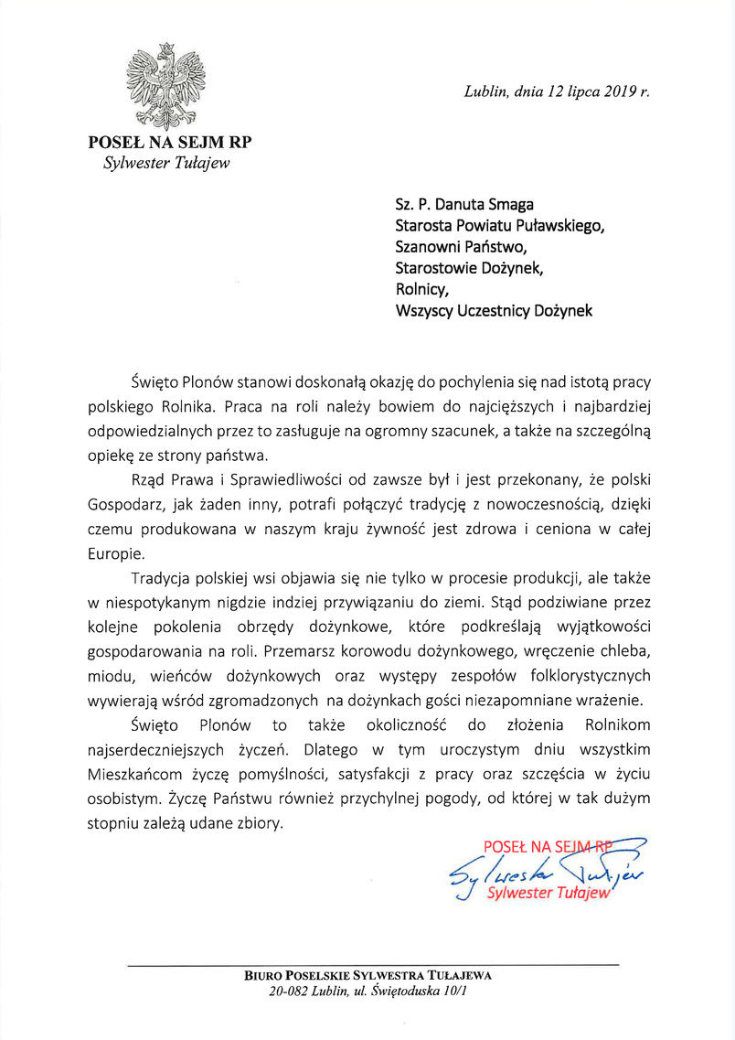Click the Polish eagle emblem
coord(165,87)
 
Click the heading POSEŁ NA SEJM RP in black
coord(170,143)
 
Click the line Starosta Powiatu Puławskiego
coord(499,225)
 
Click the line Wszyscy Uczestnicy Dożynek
coord(494,311)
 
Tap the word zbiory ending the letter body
coord(258,822)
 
